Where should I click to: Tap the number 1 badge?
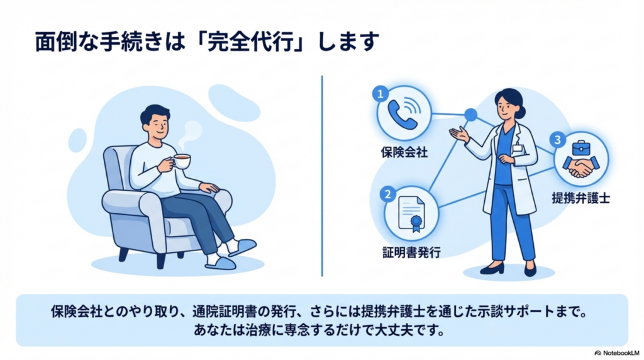coord(380,94)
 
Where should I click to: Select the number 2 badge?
coord(387,194)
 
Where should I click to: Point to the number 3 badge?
coord(557,140)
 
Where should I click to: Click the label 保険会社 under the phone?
coord(404,152)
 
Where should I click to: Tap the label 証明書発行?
coord(411,252)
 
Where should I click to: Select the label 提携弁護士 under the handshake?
coord(580,198)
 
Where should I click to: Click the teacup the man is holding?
coord(182,160)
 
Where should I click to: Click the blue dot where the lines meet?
coord(470,115)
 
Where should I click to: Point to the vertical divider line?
coord(322,176)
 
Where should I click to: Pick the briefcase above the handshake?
coord(580,148)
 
